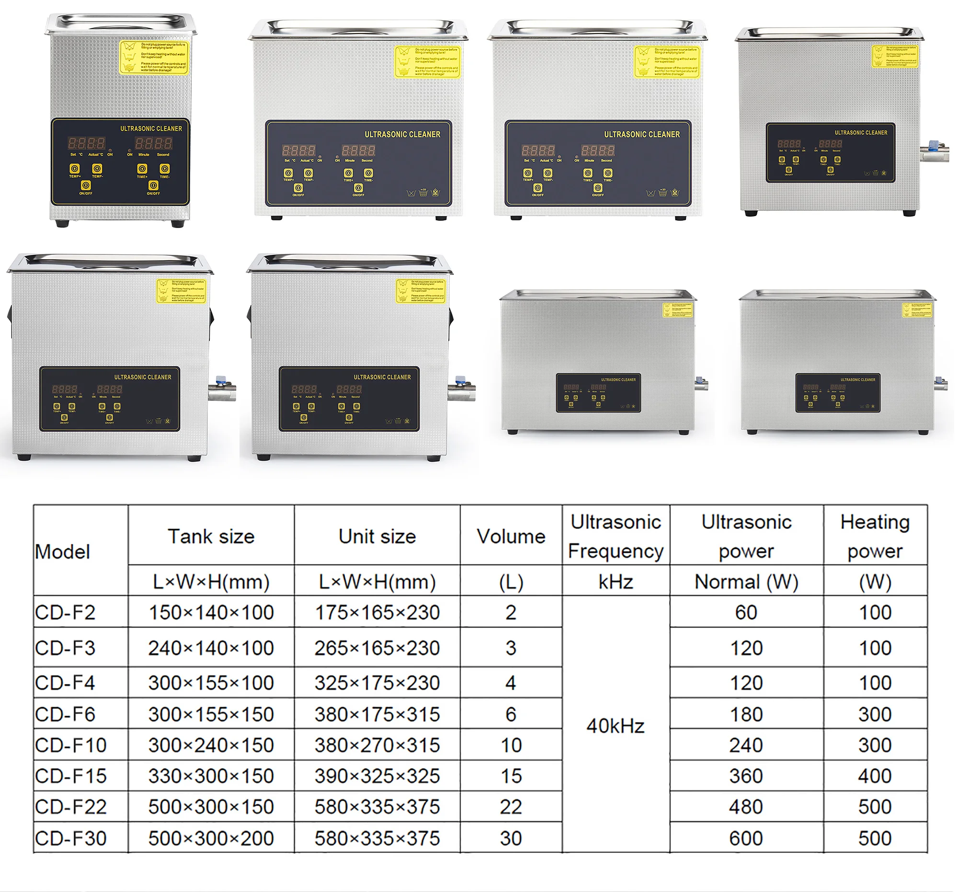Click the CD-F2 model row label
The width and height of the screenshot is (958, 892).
click(x=66, y=613)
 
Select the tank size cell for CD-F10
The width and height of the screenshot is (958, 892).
click(x=211, y=745)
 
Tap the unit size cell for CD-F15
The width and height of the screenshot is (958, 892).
click(x=377, y=776)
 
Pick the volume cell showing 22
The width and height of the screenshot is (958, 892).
click(x=511, y=807)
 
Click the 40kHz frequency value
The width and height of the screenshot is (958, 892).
click(x=616, y=726)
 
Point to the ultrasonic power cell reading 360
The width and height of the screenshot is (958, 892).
click(x=746, y=776)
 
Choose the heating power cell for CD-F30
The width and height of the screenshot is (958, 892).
click(x=875, y=838)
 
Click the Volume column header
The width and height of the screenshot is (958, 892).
click(x=511, y=537)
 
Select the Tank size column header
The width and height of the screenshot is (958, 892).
click(x=211, y=537)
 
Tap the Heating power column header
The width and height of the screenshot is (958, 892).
click(x=875, y=536)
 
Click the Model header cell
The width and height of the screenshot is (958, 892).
click(x=63, y=552)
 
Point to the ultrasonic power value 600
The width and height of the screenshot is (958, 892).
click(x=746, y=838)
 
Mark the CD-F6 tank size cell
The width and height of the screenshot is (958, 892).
click(x=211, y=714)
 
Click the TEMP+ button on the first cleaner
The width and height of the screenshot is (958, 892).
click(x=75, y=169)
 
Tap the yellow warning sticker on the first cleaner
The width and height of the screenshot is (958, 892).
click(x=154, y=57)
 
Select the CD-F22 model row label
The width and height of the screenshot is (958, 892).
click(x=71, y=807)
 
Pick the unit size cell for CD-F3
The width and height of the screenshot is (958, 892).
click(x=377, y=648)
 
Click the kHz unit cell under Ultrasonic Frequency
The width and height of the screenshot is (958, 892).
click(x=616, y=582)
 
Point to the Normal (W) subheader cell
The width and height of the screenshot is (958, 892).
click(x=746, y=582)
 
